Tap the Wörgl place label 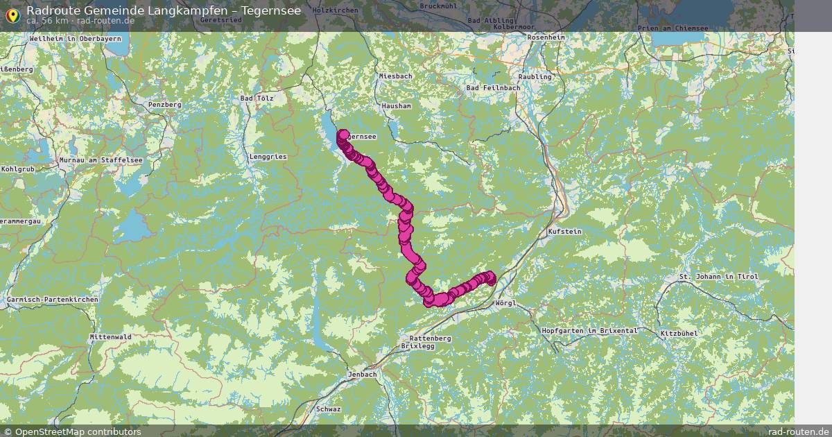pos(506,303)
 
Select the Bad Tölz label pos(257,98)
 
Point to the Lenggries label pos(267,157)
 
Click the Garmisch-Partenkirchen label pos(52,300)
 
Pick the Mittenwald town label pos(110,336)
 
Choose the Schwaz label pos(328,409)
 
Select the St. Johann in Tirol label pos(718,277)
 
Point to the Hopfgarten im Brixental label pos(589,331)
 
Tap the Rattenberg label pos(426,338)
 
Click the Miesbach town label pos(395,76)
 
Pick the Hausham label pos(396,106)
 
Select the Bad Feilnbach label pos(492,88)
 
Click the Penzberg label pos(164,105)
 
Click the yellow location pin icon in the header pos(12,15)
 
